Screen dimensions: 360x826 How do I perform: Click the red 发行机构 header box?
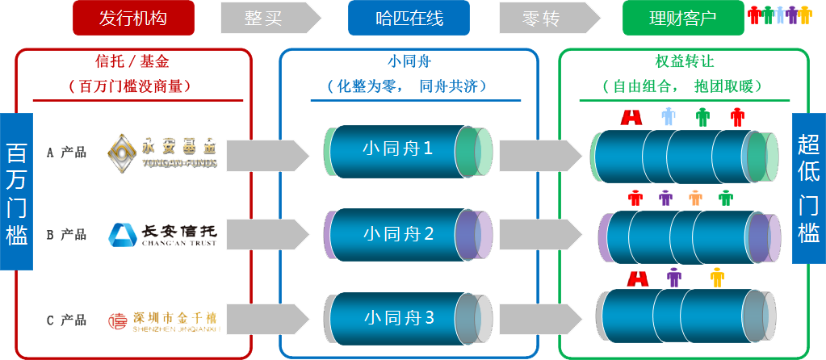point(133,19)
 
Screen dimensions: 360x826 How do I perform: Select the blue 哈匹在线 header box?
point(409,19)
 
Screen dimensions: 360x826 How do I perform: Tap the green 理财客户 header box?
point(682,19)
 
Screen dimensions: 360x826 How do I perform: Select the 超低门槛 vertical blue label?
point(808,189)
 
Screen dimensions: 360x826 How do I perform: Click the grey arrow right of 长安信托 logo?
point(267,234)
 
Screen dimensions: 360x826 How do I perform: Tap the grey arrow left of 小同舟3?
point(267,318)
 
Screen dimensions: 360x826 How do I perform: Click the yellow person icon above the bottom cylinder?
point(716,278)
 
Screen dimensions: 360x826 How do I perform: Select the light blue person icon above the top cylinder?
point(669,117)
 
